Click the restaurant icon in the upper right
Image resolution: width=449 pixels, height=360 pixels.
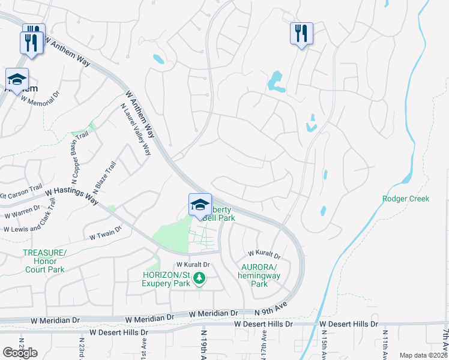[301, 33]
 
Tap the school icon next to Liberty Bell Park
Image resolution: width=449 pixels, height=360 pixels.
[200, 205]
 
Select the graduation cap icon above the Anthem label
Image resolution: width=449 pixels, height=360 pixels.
[17, 79]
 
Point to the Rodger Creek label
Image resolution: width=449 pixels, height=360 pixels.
[406, 199]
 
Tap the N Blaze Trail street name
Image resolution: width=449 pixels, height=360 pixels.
[103, 175]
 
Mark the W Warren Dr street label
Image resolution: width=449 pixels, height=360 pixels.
[23, 212]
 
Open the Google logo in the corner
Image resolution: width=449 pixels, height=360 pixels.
[20, 352]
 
